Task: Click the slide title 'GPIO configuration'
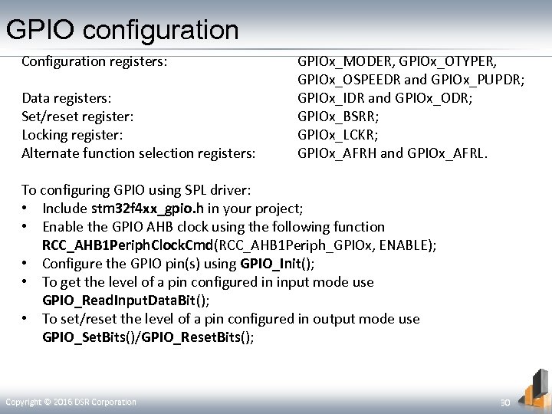coord(123,30)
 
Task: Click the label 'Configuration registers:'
coord(94,61)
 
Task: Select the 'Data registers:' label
coord(67,98)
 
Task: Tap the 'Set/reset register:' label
coord(77,117)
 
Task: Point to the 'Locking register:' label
coord(72,135)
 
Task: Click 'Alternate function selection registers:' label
coord(139,153)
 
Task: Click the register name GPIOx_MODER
coord(344,61)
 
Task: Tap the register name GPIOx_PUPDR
coord(480,80)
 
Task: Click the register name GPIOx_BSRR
coord(338,117)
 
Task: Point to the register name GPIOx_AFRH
coord(337,153)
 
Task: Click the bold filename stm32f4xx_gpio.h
coord(147,209)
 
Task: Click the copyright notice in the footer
coord(71,402)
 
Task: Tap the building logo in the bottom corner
coord(534,388)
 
